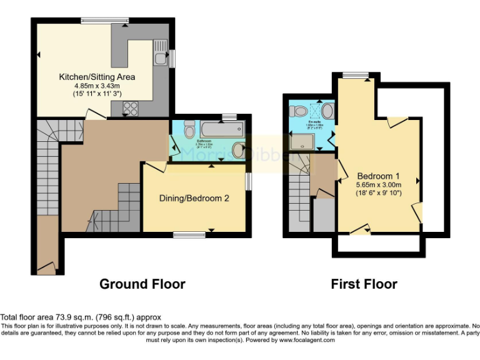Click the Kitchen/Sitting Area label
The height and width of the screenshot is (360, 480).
click(96, 77)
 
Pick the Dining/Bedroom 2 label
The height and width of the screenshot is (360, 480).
click(194, 199)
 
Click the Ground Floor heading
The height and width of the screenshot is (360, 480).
click(142, 284)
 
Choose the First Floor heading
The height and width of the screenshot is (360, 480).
click(364, 284)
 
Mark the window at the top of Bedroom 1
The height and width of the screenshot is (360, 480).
click(356, 76)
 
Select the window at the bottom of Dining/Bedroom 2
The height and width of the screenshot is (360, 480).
click(189, 235)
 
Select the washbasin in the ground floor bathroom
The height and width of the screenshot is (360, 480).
click(237, 150)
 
